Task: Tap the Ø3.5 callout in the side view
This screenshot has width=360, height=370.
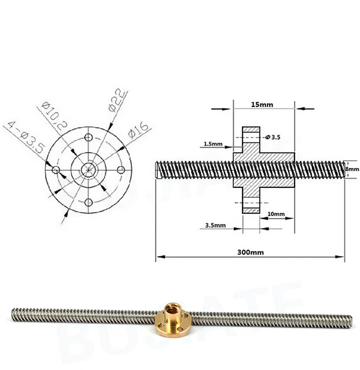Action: (x=272, y=138)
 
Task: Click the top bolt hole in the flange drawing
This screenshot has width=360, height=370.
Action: (x=89, y=137)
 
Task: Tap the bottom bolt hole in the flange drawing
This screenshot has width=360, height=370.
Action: (x=89, y=202)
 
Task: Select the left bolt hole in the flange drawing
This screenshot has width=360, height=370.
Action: (x=56, y=170)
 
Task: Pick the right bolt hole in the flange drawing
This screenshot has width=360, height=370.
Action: (x=121, y=169)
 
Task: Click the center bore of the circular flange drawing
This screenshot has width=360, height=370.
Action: (x=89, y=169)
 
